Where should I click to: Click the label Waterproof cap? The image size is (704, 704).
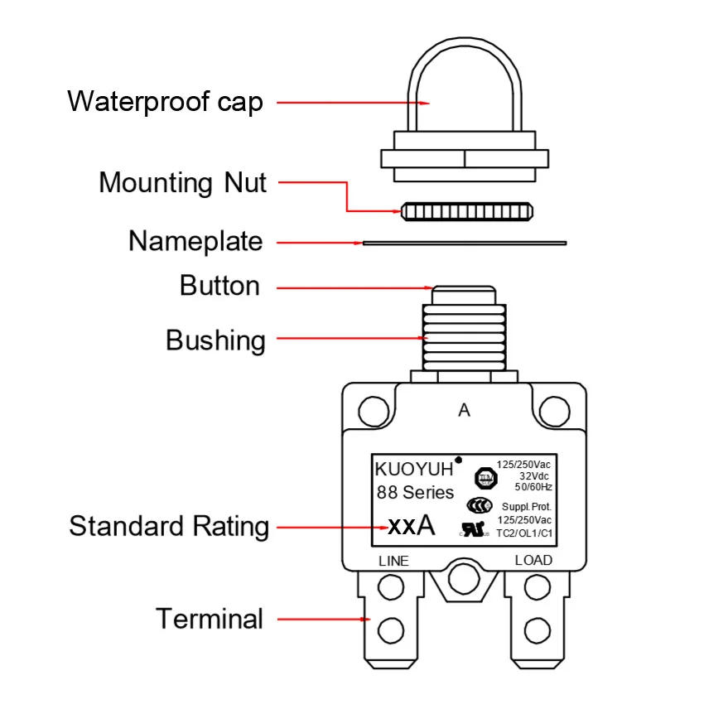165,102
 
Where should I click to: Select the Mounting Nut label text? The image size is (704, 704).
182,182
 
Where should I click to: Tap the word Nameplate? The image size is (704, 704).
195,242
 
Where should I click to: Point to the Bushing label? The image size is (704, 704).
215,340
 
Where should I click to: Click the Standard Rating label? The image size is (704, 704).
169,526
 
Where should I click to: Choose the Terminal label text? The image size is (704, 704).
210,619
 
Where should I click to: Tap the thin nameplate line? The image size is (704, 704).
464,243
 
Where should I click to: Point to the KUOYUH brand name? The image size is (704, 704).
414,470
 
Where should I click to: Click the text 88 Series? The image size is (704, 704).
415,493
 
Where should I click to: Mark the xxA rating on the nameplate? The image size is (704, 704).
411,526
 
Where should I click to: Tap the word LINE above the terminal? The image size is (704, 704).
393,561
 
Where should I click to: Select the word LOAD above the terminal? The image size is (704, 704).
533,561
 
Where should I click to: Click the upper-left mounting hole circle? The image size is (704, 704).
374,409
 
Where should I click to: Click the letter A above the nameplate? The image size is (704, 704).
464,411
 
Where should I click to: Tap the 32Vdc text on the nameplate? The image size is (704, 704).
536,476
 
